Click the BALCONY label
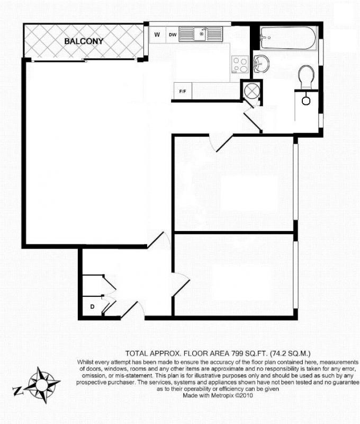(84, 41)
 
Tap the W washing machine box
(157, 34)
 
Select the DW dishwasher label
(173, 35)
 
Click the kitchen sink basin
(201, 34)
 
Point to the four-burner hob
(240, 64)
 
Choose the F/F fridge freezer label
(183, 91)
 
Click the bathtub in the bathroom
(288, 38)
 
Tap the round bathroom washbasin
(261, 64)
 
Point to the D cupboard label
(92, 307)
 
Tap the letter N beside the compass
(18, 391)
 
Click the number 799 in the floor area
(237, 354)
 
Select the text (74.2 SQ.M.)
(290, 354)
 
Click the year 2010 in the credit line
(247, 395)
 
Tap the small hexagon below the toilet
(306, 101)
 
